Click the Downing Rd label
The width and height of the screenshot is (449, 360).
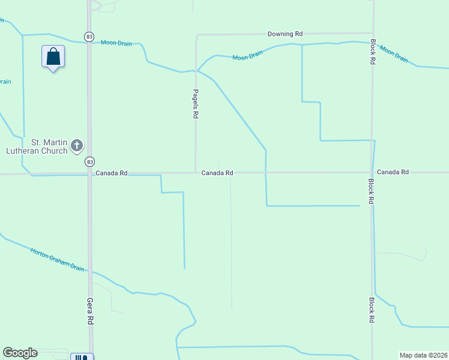coord(285,34)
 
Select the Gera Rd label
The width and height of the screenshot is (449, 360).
coord(90,311)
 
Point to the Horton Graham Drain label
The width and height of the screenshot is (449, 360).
coord(57,258)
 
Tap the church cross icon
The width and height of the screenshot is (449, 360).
coord(77,145)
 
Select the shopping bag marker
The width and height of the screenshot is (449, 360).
coord(53,58)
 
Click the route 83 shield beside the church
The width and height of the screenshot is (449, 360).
coord(89,161)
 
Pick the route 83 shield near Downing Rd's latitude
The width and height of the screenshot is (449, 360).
coord(89,37)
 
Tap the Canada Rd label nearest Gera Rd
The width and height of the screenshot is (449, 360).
coord(112,173)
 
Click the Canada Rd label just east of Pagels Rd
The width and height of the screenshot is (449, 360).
coord(217,173)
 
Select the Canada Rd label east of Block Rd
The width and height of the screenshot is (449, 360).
coord(393,172)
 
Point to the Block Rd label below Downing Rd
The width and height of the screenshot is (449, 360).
coord(373,52)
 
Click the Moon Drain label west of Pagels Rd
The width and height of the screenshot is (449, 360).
coord(115,43)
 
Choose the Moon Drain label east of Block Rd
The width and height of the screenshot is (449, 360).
coord(394,53)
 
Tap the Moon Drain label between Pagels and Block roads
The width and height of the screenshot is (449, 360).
coord(248,56)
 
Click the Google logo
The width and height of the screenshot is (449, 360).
coord(20,353)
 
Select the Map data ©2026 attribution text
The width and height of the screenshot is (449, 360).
coord(424,355)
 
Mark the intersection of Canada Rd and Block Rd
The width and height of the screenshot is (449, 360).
coord(372,172)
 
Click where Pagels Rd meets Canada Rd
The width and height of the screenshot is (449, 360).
coord(196,173)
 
